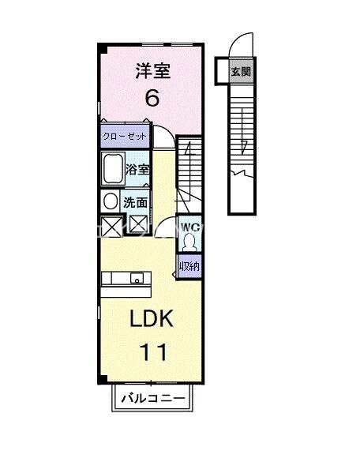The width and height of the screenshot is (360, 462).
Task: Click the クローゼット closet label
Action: [x=125, y=137]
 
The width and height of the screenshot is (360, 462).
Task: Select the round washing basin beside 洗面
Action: [x=111, y=201]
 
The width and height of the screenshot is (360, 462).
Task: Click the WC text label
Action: [x=189, y=227]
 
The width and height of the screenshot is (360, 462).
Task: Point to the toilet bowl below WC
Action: [x=189, y=242]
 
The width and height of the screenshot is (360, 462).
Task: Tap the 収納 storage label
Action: [x=188, y=266]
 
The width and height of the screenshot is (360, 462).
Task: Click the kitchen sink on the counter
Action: [x=137, y=278]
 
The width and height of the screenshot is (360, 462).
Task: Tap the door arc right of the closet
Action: [x=162, y=137]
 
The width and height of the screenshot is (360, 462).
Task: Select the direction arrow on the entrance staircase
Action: [x=245, y=146]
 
